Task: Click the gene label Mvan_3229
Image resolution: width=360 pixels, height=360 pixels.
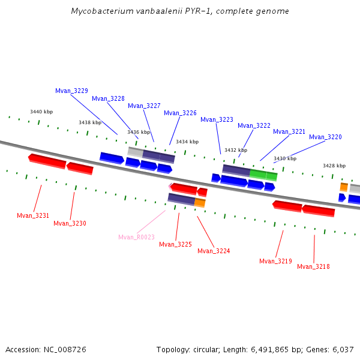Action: (x=71, y=91)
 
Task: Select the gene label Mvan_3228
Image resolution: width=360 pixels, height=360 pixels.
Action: (x=108, y=98)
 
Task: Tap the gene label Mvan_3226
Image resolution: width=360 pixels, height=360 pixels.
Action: (x=180, y=113)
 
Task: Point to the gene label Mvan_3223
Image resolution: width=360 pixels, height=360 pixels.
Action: (x=217, y=119)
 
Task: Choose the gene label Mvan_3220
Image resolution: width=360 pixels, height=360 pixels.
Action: (x=325, y=137)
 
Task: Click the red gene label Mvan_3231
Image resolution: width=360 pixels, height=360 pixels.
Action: (x=33, y=215)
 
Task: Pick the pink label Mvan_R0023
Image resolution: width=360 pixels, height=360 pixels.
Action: (x=136, y=237)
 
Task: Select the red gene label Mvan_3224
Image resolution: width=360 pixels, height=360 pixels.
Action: (x=214, y=251)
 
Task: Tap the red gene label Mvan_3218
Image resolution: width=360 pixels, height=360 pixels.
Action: (x=313, y=266)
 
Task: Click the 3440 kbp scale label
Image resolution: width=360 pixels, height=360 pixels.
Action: (x=41, y=112)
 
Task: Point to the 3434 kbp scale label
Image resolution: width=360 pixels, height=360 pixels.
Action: (x=187, y=142)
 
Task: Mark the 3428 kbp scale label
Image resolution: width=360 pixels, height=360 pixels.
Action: (x=334, y=166)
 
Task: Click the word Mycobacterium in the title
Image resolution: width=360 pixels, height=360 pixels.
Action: (x=99, y=11)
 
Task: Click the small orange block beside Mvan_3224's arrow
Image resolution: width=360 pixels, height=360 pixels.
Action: (x=200, y=203)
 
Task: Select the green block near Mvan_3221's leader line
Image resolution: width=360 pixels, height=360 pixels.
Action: (x=263, y=175)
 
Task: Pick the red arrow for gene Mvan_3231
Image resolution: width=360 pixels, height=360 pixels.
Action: (x=47, y=161)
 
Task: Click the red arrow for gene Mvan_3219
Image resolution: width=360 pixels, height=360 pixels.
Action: (x=287, y=206)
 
